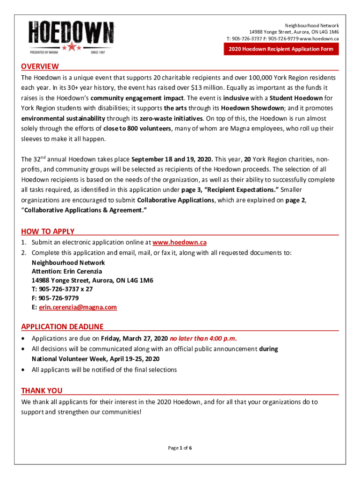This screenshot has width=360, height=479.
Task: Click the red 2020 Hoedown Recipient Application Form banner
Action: click(x=281, y=49)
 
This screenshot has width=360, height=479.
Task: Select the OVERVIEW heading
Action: click(x=40, y=66)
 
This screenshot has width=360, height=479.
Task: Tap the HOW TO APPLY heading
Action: click(x=48, y=232)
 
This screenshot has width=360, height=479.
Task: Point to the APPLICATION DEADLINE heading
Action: click(x=62, y=327)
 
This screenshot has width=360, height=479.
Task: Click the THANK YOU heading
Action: click(x=42, y=391)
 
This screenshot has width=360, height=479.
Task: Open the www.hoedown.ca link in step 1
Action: click(x=180, y=242)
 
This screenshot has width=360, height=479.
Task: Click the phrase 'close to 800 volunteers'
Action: click(x=137, y=129)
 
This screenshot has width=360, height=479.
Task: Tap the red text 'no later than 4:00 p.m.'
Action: click(x=203, y=338)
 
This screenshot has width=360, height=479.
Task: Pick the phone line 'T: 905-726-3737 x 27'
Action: click(x=62, y=289)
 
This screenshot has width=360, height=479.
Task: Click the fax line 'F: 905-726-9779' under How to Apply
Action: click(x=55, y=298)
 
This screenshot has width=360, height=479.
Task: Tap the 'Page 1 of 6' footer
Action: click(x=180, y=448)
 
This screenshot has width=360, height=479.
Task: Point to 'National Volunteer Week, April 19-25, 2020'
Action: click(x=95, y=359)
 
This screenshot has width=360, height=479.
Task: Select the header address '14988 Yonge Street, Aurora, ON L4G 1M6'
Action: click(x=294, y=32)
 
